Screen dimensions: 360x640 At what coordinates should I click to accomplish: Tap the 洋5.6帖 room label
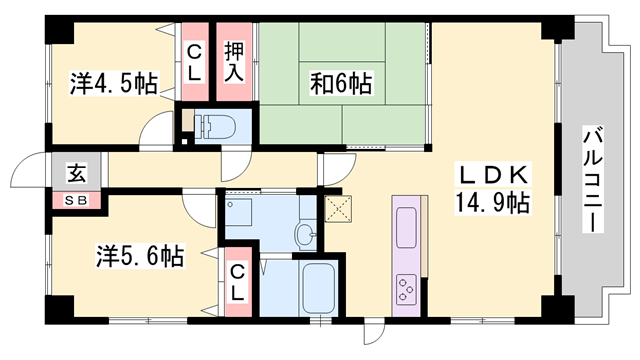[x=140, y=255]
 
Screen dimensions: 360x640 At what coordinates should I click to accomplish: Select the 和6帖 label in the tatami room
[x=340, y=84]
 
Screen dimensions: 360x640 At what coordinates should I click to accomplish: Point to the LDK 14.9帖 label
[x=493, y=189]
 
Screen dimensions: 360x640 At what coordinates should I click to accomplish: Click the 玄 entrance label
[x=76, y=172]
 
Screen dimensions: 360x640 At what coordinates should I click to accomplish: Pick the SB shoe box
[x=76, y=199]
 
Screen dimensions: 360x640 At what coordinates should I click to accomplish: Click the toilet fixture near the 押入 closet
[x=212, y=126]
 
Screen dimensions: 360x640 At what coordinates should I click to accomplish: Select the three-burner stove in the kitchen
[x=408, y=290]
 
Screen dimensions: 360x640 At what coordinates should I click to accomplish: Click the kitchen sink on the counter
[x=409, y=226]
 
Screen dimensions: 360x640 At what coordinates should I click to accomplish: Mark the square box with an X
[x=338, y=209]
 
